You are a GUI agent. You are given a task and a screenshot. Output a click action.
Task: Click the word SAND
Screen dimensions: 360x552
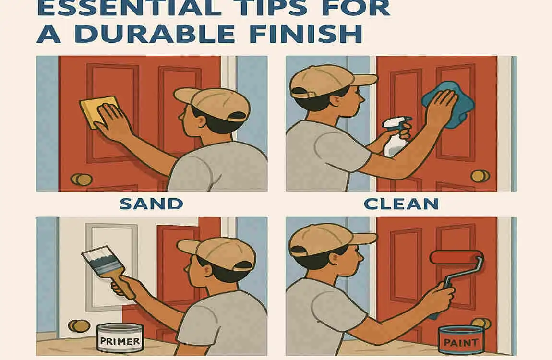coord(151,204)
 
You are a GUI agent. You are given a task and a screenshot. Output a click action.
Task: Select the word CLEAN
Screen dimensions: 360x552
coord(401,204)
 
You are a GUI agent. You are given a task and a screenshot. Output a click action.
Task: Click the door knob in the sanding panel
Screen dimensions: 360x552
coord(82,180)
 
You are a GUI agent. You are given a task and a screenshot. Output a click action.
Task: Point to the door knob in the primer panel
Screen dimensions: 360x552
coord(79,325)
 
